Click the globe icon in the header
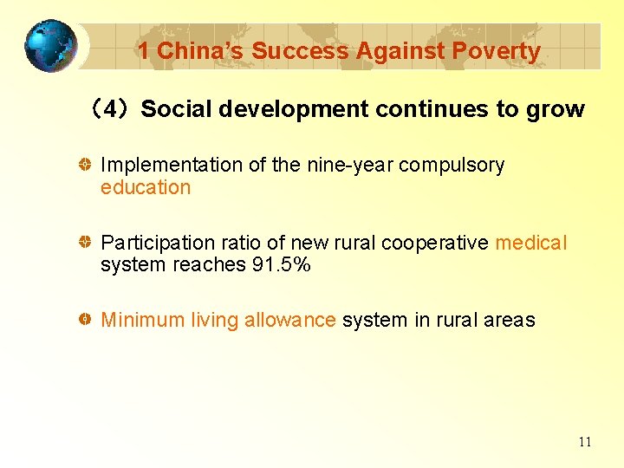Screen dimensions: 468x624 pyautogui.click(x=49, y=46)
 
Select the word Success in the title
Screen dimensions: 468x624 pyautogui.click(x=290, y=51)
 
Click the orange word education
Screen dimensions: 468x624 pyautogui.click(x=146, y=187)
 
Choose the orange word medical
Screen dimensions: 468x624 pyautogui.click(x=530, y=243)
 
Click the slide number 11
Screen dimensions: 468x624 pyautogui.click(x=585, y=442)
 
